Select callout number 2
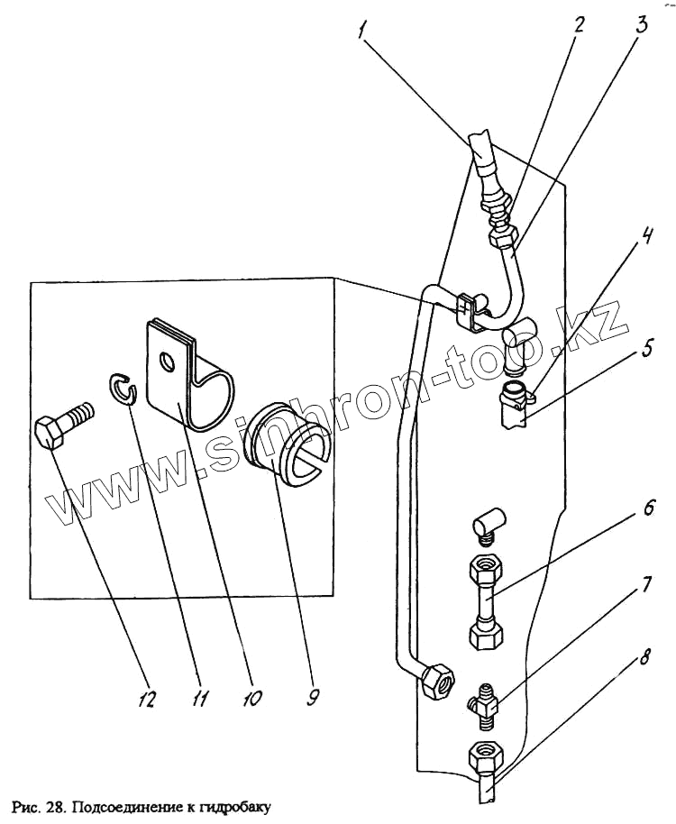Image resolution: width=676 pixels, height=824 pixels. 580,24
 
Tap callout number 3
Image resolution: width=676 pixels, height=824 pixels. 639,24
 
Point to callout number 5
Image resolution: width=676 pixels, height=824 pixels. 647,346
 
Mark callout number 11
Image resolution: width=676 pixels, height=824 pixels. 200,697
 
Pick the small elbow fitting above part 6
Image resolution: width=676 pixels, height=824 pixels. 492,524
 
